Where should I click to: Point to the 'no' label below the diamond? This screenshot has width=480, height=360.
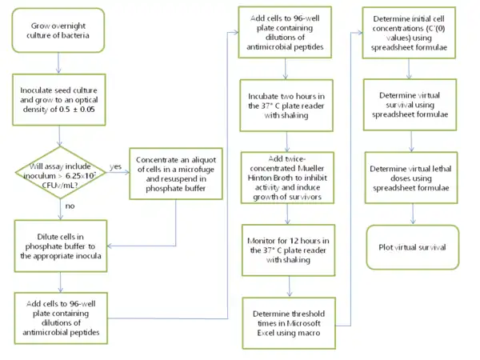(70, 207)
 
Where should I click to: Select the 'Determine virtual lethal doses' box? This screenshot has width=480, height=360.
(411, 175)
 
